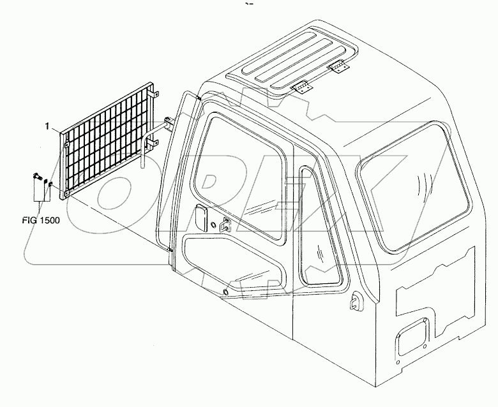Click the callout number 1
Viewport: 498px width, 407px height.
tap(47, 127)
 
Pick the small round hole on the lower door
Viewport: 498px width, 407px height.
tap(225, 293)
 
